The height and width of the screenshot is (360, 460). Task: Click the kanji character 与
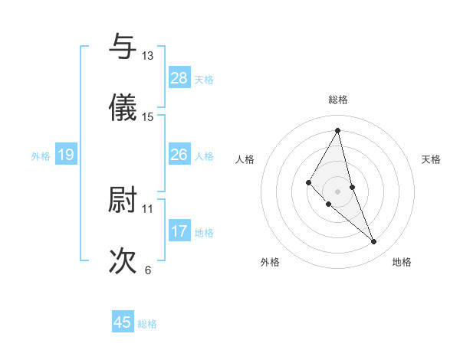[123, 47]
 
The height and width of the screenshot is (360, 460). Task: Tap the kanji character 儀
[123, 108]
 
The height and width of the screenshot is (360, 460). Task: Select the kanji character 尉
[123, 200]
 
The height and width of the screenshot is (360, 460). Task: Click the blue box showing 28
[179, 78]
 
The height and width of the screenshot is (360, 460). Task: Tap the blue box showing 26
[179, 155]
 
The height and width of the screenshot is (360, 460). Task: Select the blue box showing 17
[179, 231]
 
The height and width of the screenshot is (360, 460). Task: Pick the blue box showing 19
[65, 155]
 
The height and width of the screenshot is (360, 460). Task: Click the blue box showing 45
[123, 322]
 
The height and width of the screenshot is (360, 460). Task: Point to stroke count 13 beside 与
[147, 56]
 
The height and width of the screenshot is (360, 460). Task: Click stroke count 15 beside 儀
[147, 117]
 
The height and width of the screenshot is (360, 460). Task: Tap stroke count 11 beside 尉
[147, 208]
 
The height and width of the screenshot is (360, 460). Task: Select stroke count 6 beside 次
[147, 270]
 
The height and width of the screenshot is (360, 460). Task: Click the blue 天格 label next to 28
[204, 79]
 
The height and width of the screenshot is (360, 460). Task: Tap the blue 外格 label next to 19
[41, 155]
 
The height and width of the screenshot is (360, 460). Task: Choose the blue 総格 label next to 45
[147, 324]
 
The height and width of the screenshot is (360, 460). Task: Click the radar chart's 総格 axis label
[338, 100]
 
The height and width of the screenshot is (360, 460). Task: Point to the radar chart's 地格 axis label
[402, 262]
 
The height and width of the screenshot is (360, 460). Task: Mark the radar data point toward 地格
[374, 242]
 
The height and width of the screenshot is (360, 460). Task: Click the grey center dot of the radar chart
[337, 191]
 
